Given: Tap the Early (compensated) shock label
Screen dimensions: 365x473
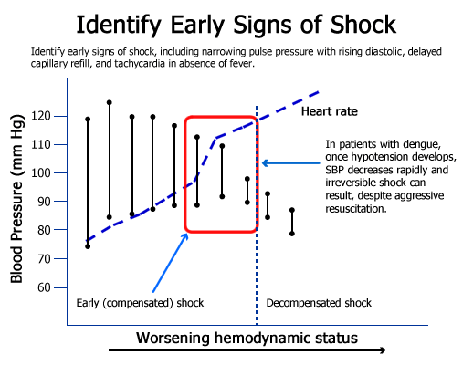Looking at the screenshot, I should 140,303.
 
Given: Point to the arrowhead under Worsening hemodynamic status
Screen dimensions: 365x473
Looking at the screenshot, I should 381,349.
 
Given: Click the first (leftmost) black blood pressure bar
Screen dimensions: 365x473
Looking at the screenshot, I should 88,182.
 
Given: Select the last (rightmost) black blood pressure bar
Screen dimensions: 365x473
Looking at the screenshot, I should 292,222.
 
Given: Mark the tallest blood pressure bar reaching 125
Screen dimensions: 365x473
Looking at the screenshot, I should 110,160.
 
